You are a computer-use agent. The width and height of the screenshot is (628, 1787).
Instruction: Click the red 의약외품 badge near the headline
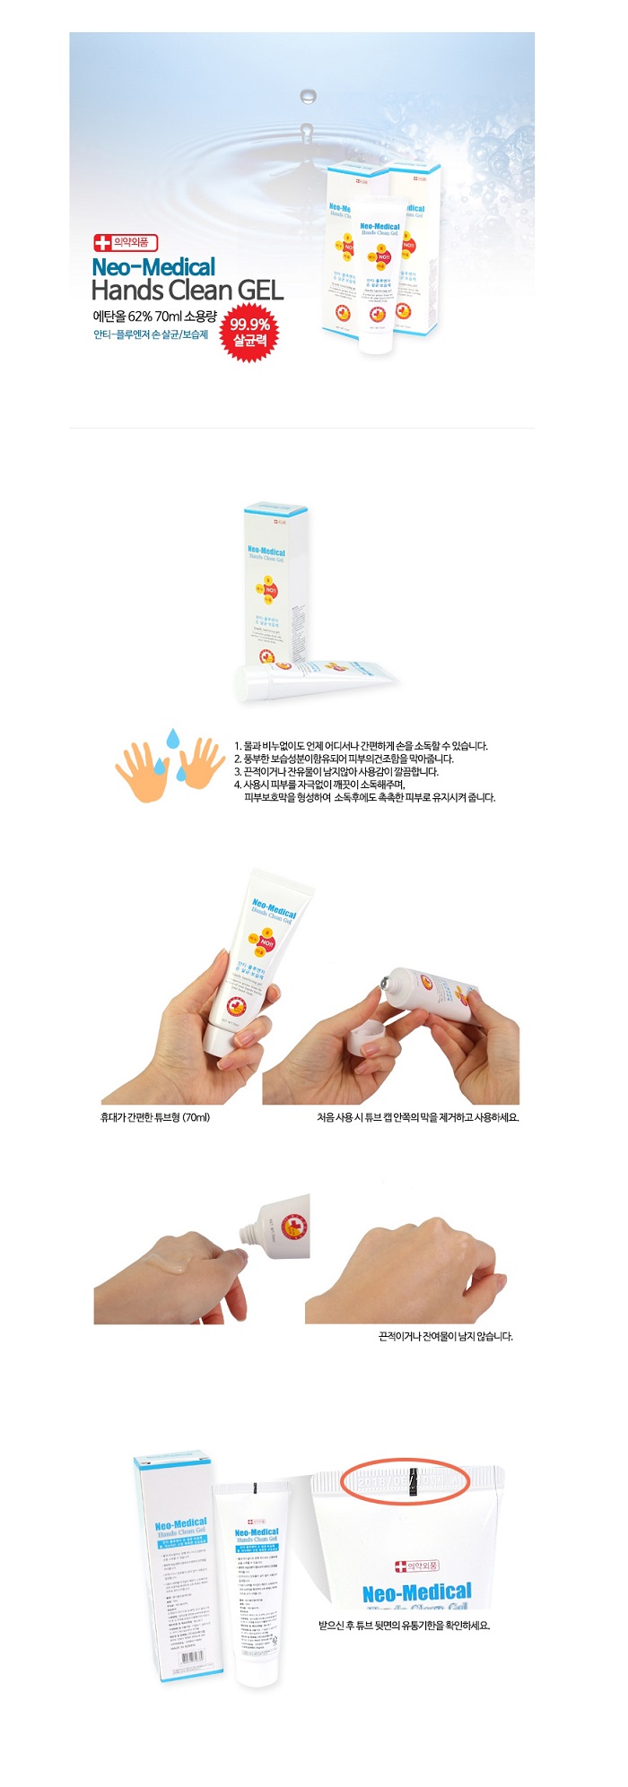pyautogui.click(x=126, y=242)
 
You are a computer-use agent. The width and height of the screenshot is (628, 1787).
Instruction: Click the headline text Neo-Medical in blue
pyautogui.click(x=153, y=267)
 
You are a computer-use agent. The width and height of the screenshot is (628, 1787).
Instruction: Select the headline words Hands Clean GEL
pyautogui.click(x=188, y=291)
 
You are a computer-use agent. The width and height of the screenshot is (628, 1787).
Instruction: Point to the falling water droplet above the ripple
pyautogui.click(x=308, y=96)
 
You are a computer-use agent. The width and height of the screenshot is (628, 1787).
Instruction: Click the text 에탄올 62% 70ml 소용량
pyautogui.click(x=154, y=316)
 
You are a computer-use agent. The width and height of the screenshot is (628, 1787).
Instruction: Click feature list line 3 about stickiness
pyautogui.click(x=336, y=771)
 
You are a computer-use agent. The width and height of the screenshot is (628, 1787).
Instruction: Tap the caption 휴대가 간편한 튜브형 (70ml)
pyautogui.click(x=155, y=1117)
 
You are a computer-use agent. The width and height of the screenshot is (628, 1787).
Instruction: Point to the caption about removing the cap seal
pyautogui.click(x=417, y=1117)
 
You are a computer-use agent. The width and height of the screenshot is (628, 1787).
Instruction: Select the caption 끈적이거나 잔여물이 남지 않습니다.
pyautogui.click(x=446, y=1336)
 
